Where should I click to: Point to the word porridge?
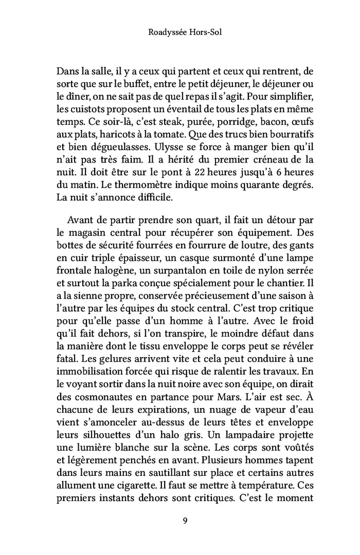click(212, 124)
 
